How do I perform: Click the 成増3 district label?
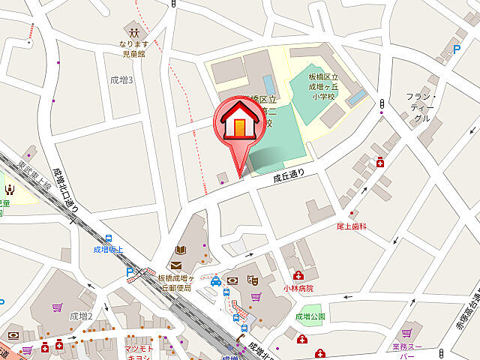tap(121, 79)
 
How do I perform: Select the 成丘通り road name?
tap(290, 177)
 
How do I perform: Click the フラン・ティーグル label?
tap(420, 107)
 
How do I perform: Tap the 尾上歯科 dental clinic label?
tap(352, 226)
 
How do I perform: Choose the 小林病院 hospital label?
tap(298, 288)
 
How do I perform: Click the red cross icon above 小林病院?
tap(298, 276)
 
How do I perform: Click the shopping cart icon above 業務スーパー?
tap(407, 331)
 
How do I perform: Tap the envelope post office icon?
tap(175, 265)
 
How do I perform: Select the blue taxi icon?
tap(215, 281)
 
